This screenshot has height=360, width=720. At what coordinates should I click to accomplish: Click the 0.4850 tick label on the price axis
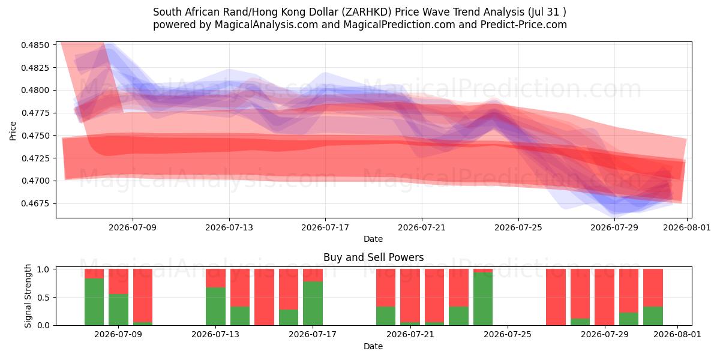pos(35,45)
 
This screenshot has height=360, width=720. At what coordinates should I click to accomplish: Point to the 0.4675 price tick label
pos(35,203)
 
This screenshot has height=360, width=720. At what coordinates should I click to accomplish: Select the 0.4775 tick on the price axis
pos(35,113)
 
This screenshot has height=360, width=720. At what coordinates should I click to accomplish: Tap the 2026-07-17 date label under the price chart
pos(325,227)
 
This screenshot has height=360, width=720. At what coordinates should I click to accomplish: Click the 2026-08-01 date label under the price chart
pos(687,227)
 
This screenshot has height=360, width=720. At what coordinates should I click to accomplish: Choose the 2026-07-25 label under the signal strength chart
pos(508,334)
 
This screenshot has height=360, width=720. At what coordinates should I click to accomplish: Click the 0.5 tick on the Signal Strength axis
pos(43,298)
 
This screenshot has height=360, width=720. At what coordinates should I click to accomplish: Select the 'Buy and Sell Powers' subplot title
pos(373,257)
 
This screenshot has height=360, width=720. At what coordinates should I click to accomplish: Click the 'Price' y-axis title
pos(13,131)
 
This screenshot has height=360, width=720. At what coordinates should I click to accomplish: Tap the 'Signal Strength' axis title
pos(28,296)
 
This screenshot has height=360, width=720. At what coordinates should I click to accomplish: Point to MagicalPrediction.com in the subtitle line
pos(399,25)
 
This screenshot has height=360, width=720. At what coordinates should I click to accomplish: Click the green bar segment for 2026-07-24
pos(483,299)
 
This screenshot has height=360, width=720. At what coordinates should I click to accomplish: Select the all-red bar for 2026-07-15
pos(264,297)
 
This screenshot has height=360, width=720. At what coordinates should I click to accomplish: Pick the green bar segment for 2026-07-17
pos(313,303)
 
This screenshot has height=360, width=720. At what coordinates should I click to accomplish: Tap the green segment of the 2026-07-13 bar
pos(215,306)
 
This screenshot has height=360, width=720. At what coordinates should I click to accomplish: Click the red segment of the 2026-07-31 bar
pos(653,288)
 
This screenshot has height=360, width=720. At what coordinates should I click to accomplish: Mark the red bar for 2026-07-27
pos(556,297)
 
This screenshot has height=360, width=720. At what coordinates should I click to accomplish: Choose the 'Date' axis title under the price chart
pos(373,239)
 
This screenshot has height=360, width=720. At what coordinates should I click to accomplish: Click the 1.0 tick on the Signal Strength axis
pos(43,269)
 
